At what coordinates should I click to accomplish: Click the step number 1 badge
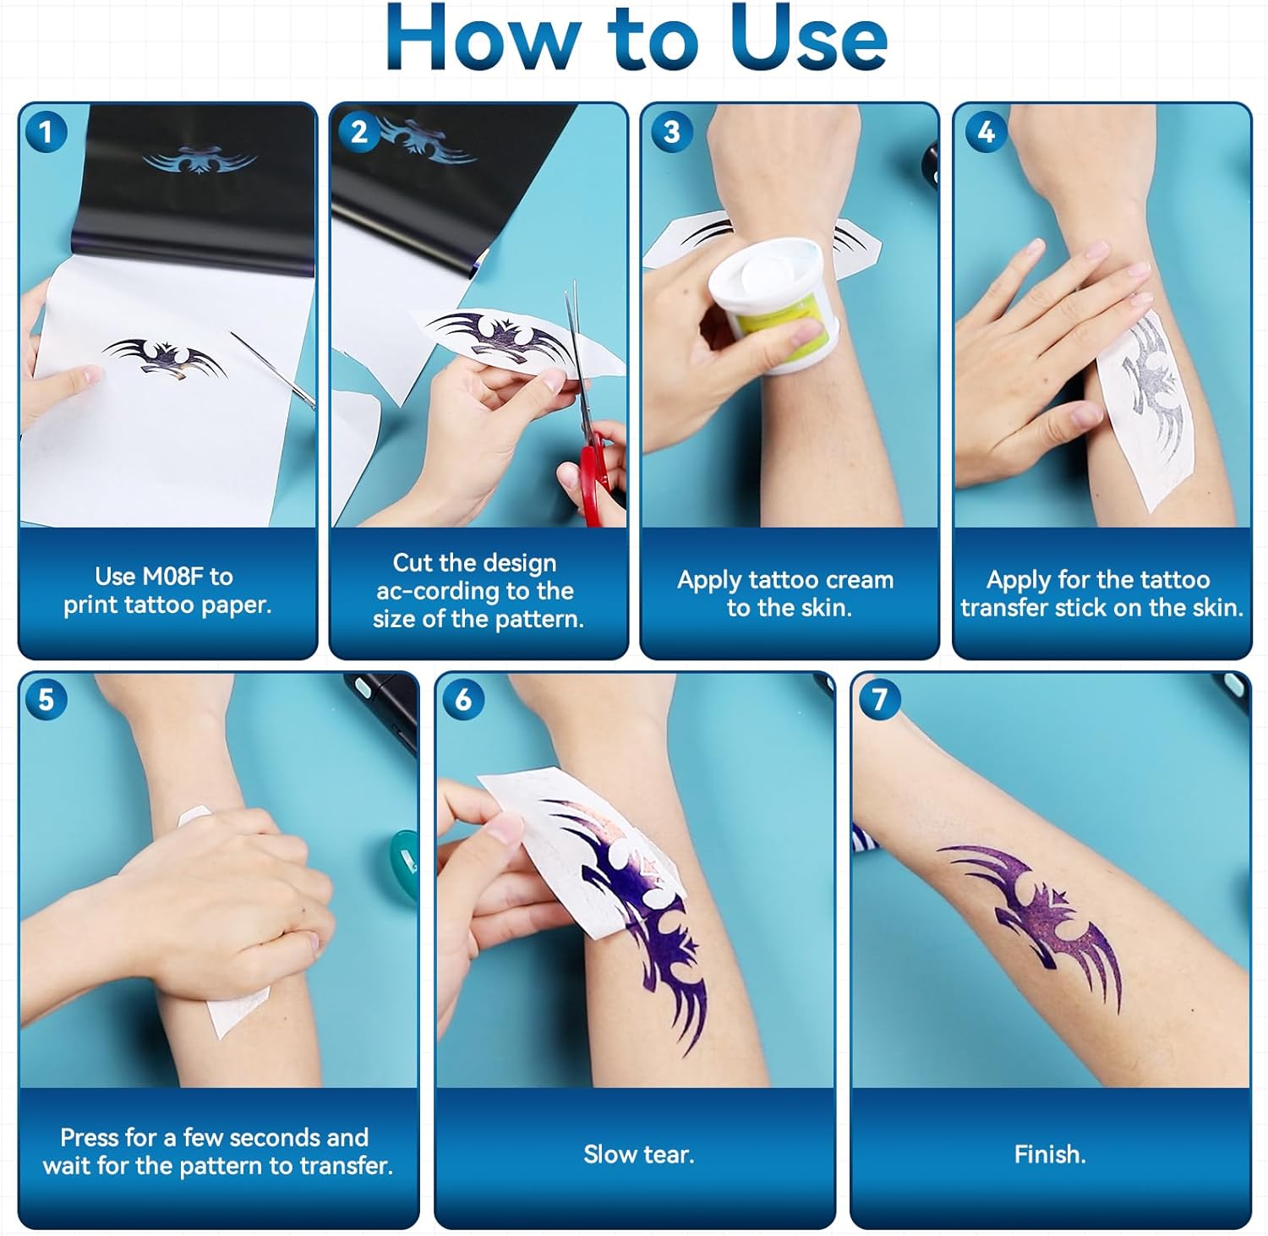(46, 132)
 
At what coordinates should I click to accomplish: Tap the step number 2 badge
(359, 132)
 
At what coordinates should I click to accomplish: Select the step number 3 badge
(672, 132)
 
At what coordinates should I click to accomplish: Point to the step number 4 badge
(986, 132)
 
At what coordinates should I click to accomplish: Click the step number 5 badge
(46, 700)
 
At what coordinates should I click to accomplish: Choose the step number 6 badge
(463, 700)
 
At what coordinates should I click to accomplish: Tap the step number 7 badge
(879, 700)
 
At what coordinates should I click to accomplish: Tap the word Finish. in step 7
(1050, 1154)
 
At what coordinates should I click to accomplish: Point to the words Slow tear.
(638, 1154)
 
